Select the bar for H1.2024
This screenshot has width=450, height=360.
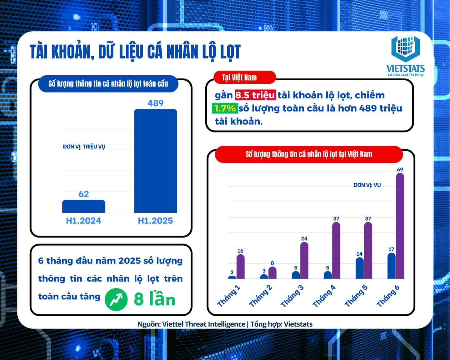84,206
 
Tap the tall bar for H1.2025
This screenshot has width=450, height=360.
155,161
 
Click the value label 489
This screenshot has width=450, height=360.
155,103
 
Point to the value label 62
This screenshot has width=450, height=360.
84,194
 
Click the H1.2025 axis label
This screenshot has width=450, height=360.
155,221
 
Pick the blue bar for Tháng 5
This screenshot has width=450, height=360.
360,268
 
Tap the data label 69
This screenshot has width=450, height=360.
400,170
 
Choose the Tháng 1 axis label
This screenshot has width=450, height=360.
229,296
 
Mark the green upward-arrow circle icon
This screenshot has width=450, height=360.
116,299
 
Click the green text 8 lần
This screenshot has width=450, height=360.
154,299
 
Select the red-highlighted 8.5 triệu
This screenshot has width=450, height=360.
255,95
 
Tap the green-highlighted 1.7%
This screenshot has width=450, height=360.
225,108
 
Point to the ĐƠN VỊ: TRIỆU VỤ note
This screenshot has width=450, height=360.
84,147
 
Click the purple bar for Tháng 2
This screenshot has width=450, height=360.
272,272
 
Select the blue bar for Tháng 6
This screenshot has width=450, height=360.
392,266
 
